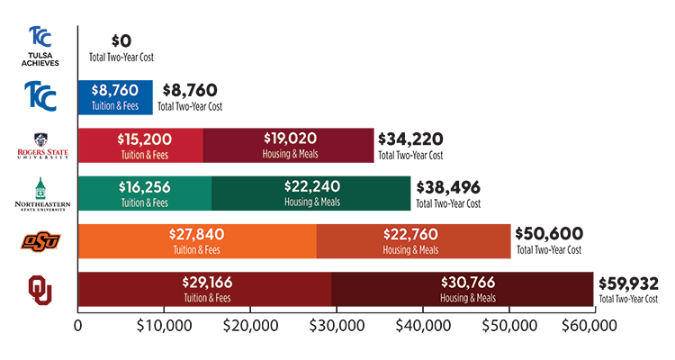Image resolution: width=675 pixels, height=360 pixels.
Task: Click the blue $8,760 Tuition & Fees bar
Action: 116,97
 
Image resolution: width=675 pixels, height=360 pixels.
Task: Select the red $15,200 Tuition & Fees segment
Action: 141,145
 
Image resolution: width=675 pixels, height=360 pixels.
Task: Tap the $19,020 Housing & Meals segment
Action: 288,145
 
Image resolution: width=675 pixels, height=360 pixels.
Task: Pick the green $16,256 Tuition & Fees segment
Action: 145,193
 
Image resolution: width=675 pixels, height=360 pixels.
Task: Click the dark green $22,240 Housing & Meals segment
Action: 310,193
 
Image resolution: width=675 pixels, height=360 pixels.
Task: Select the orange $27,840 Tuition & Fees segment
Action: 197,241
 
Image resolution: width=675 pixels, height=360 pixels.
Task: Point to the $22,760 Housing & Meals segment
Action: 413,241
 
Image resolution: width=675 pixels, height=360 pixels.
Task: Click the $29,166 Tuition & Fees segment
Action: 205,290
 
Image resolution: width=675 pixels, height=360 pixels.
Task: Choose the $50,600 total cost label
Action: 548,237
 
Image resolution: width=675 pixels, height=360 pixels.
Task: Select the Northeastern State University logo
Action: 40,193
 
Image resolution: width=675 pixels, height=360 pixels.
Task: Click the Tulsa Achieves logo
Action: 40,45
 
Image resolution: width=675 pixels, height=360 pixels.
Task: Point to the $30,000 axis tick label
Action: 337,325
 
